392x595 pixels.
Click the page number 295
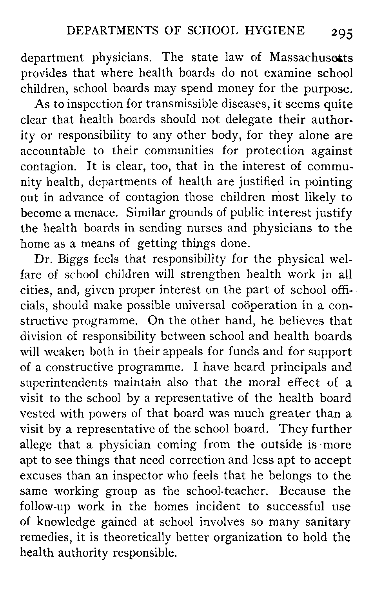pyautogui.click(x=341, y=34)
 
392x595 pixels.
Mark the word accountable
pyautogui.click(x=53, y=151)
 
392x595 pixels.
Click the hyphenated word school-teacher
pyautogui.click(x=238, y=491)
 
